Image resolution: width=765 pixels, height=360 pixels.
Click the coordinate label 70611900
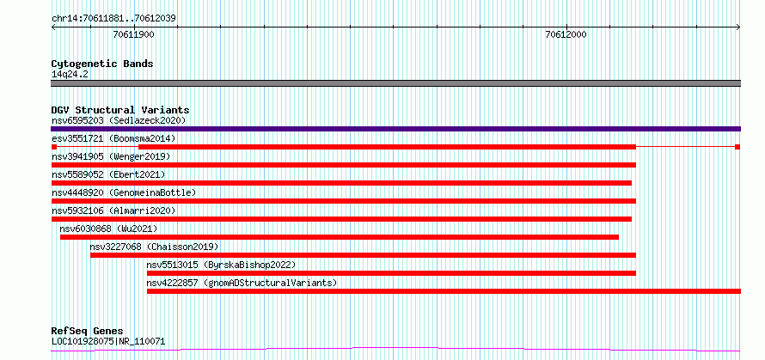134,34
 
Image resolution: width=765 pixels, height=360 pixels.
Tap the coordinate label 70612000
566,34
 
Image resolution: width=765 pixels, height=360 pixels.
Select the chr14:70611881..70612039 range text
113,19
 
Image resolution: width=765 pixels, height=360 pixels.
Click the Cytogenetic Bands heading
102,64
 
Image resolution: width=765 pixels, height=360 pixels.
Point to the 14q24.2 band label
70,75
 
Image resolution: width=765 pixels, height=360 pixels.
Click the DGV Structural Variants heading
120,110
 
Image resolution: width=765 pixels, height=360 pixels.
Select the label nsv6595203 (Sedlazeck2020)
119,120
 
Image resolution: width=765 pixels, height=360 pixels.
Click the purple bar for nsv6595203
395,129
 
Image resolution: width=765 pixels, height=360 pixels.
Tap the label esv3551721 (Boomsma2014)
113,138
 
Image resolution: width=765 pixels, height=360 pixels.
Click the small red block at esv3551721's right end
737,147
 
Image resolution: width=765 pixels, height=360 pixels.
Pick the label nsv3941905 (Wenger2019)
111,156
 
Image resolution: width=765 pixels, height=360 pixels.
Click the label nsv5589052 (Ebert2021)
108,174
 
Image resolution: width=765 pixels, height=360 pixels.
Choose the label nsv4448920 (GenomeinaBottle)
124,192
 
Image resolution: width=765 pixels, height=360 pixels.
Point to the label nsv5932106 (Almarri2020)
113,211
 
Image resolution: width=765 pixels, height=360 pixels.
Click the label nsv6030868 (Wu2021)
109,229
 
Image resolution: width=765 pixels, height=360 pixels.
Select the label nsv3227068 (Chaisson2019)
154,247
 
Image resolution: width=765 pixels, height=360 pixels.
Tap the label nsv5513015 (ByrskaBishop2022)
221,265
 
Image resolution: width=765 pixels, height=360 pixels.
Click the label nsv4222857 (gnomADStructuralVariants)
242,283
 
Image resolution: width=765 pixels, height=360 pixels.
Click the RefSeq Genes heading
87,332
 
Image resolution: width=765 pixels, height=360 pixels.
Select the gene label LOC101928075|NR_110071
108,341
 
